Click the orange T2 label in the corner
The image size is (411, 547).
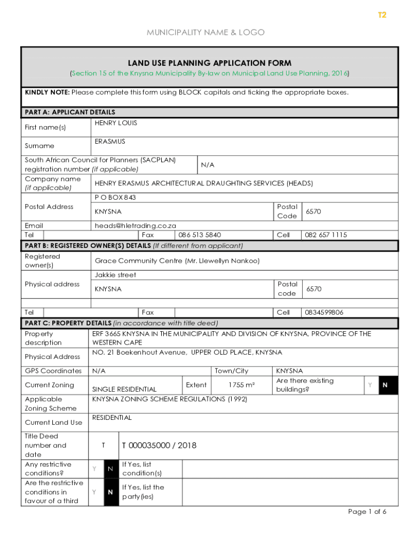pyautogui.click(x=382, y=15)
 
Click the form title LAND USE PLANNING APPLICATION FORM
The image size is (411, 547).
pyautogui.click(x=209, y=63)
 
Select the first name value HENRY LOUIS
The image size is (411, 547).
pyautogui.click(x=116, y=123)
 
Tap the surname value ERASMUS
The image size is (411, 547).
pyautogui.click(x=110, y=142)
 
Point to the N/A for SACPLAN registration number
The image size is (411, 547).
pyautogui.click(x=208, y=165)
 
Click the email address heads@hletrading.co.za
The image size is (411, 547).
pyautogui.click(x=136, y=225)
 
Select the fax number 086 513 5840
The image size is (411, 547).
pyautogui.click(x=200, y=235)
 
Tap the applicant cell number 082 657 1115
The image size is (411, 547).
pyautogui.click(x=326, y=235)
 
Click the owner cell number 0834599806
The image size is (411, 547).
pyautogui.click(x=324, y=312)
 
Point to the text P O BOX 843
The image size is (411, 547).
pyautogui.click(x=115, y=197)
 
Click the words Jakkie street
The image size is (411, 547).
pyautogui.click(x=115, y=275)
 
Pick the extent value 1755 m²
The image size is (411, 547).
pyautogui.click(x=241, y=385)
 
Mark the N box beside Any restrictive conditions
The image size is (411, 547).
pyautogui.click(x=110, y=468)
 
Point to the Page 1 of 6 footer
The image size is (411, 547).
pyautogui.click(x=367, y=512)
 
